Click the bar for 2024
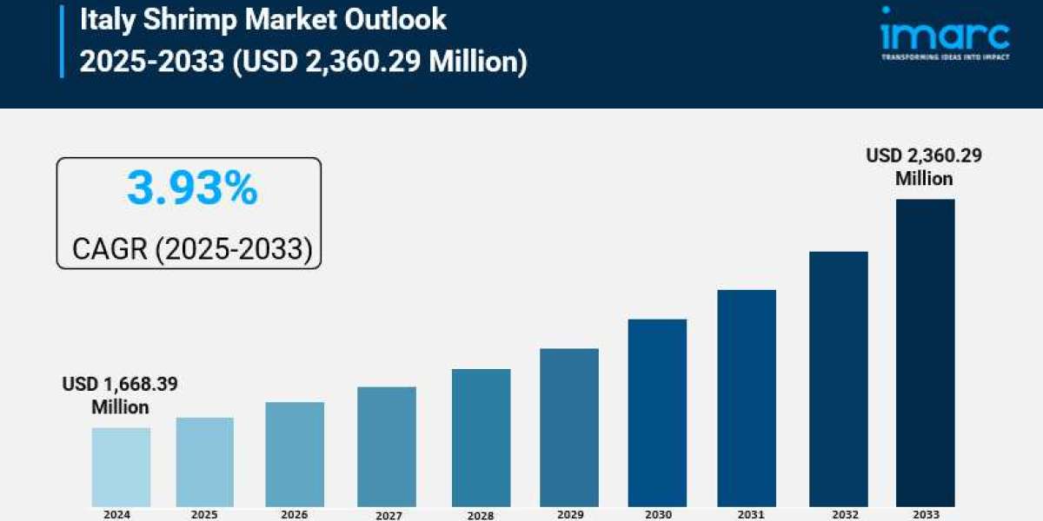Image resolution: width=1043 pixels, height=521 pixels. [x=121, y=466]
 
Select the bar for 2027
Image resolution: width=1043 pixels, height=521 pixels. [x=387, y=446]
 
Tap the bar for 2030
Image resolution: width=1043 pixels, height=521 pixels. [x=657, y=412]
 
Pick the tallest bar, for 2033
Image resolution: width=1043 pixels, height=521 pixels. [x=926, y=352]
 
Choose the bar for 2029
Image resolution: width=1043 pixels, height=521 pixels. [x=569, y=427]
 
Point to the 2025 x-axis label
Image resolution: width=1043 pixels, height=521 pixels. [x=204, y=514]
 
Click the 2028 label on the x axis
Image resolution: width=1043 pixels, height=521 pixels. [x=481, y=515]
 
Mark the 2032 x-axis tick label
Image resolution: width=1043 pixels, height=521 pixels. [x=838, y=514]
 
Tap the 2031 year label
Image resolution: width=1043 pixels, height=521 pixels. [x=747, y=514]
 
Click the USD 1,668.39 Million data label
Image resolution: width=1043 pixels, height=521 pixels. [x=120, y=395]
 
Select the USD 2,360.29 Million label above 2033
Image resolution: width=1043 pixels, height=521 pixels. [x=924, y=167]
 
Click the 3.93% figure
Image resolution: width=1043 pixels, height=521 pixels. [x=191, y=188]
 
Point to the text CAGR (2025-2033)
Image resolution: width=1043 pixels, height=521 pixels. [x=191, y=249]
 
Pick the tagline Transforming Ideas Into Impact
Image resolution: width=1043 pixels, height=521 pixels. [x=944, y=56]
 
